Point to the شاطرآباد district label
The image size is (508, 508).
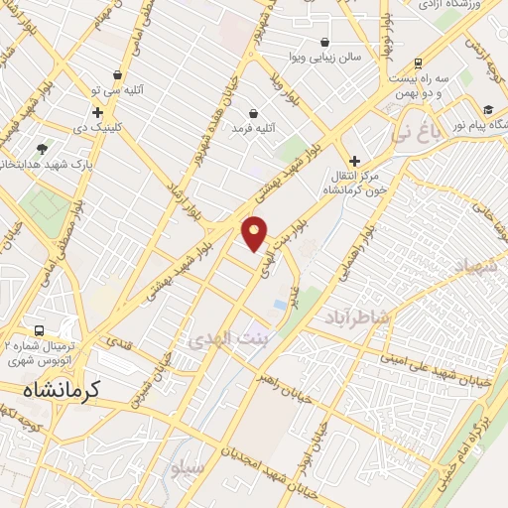click(360, 316)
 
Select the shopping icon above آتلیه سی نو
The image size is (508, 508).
click(118, 74)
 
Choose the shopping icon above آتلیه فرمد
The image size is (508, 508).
click(254, 113)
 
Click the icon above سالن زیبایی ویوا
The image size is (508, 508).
click(326, 42)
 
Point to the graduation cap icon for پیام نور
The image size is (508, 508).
click(488, 110)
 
